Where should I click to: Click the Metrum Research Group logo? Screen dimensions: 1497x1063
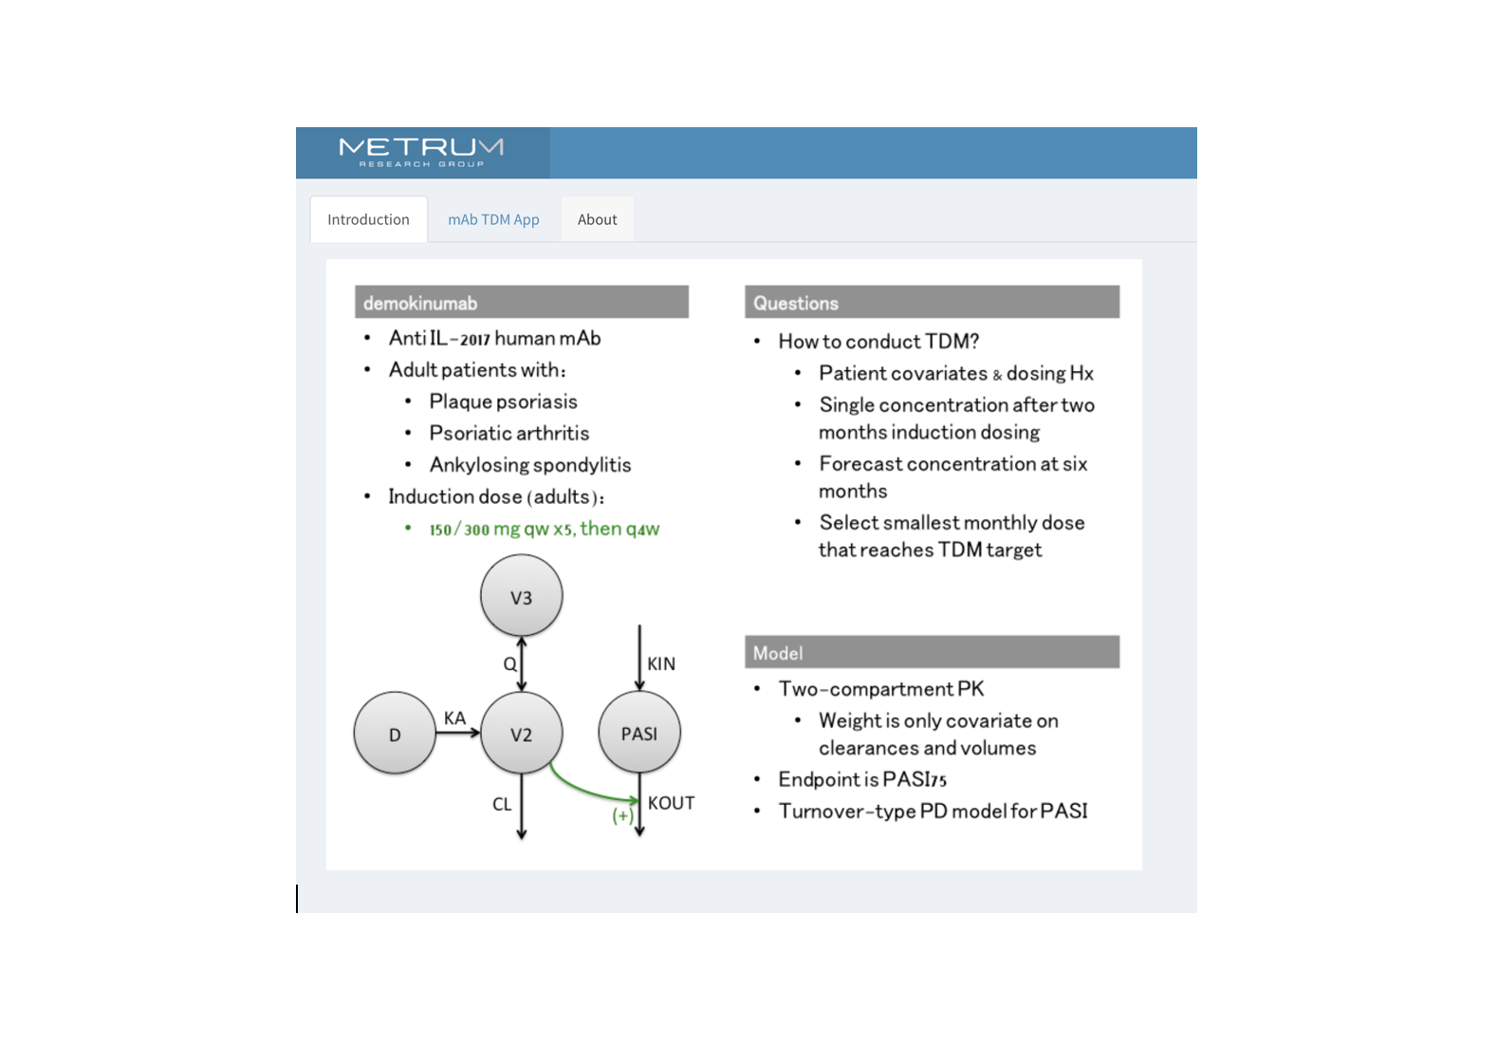click(422, 153)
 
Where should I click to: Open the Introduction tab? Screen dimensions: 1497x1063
click(368, 219)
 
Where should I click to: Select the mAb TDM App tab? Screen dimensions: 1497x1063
click(493, 219)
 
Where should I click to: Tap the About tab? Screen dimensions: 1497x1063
click(598, 219)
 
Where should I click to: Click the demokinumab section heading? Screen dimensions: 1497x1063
click(420, 303)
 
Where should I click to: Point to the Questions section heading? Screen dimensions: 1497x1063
click(795, 303)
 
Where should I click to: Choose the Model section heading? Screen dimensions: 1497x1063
click(778, 652)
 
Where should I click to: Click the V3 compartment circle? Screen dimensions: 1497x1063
click(521, 595)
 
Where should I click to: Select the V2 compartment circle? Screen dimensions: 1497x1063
click(521, 733)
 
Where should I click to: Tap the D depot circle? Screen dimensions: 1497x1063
click(395, 733)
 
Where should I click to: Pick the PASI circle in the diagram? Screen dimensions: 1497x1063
click(639, 732)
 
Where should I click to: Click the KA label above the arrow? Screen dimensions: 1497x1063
click(454, 718)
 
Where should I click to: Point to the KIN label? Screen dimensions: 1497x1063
click(661, 663)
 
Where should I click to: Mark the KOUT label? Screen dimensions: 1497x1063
click(671, 803)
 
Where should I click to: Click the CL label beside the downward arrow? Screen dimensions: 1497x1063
click(502, 804)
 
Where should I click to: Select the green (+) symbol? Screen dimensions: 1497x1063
click(623, 815)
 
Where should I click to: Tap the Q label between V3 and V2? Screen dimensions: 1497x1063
click(510, 663)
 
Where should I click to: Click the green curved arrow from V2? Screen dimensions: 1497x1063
click(580, 791)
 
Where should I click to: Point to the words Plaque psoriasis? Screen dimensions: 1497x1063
click(503, 401)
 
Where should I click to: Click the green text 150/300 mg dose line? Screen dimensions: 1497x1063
click(544, 529)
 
